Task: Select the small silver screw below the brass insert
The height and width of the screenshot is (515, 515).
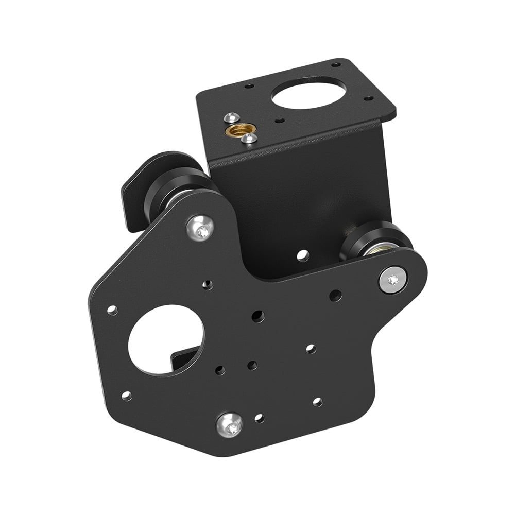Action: click(x=250, y=138)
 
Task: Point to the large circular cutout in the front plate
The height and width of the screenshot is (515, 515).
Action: click(x=165, y=339)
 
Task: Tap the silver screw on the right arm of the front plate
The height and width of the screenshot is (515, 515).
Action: click(x=393, y=280)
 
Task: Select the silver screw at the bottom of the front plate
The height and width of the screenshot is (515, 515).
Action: click(x=229, y=424)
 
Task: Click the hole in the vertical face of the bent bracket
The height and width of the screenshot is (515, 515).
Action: click(x=303, y=254)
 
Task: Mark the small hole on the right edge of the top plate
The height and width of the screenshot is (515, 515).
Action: click(x=369, y=98)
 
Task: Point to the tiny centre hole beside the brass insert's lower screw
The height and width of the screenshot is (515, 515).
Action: click(x=279, y=121)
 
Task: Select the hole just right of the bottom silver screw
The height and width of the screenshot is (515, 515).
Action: click(x=260, y=418)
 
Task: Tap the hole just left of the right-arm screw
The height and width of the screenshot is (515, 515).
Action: click(x=335, y=296)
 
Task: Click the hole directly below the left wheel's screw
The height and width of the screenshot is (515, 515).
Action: click(x=208, y=284)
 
